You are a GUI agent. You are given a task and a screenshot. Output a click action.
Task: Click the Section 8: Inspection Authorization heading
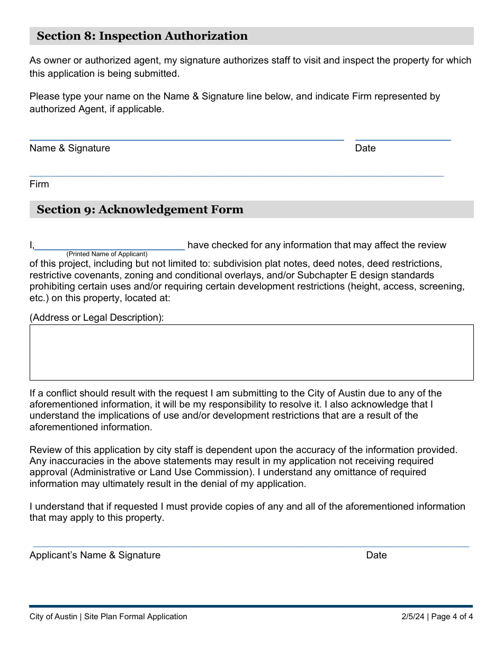tap(142, 36)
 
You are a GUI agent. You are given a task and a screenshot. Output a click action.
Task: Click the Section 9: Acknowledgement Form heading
tap(140, 210)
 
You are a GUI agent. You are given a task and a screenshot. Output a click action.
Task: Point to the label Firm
tap(39, 184)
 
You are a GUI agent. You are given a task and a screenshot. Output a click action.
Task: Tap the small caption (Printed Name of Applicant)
tap(107, 254)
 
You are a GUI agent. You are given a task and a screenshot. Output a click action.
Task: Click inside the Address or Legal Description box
tap(251, 352)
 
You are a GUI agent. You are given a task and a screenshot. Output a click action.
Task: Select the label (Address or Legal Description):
tap(97, 318)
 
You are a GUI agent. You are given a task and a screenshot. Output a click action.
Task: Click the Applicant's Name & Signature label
tap(95, 555)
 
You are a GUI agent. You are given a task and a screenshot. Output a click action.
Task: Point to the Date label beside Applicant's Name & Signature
tap(376, 555)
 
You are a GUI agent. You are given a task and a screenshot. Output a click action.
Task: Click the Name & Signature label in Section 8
tap(70, 148)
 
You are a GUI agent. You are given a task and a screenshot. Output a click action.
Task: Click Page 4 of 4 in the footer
tap(452, 616)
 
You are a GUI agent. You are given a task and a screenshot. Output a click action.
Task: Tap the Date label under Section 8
tap(365, 148)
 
